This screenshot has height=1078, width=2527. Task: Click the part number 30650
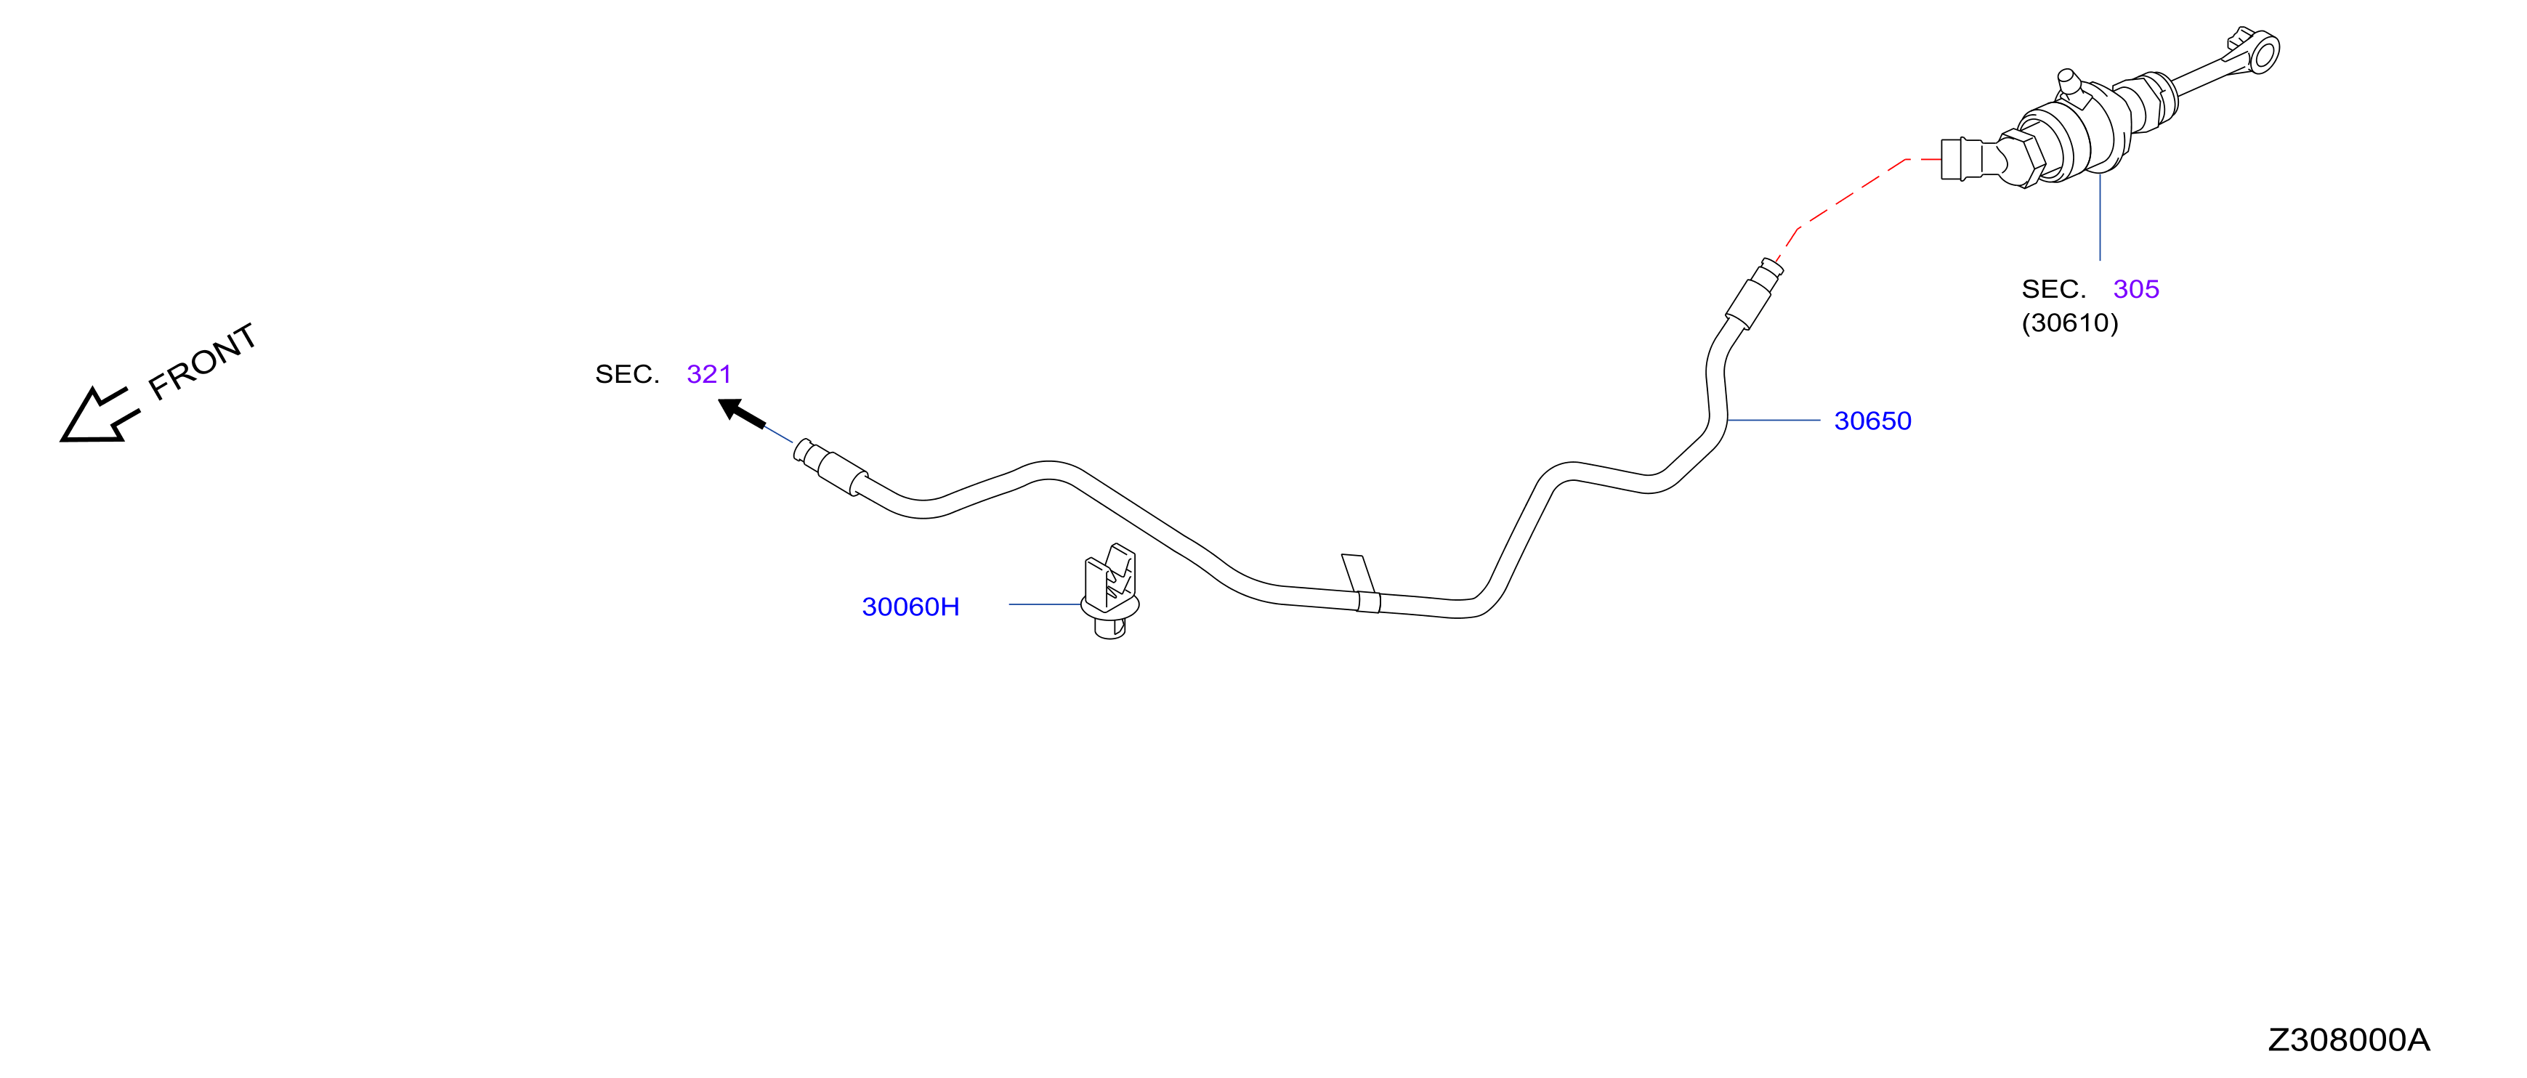click(1872, 421)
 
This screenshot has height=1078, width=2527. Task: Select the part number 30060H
click(910, 607)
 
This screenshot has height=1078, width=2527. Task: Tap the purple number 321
click(708, 373)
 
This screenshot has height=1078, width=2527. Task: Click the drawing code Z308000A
click(2348, 1039)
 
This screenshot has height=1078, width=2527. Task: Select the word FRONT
click(203, 361)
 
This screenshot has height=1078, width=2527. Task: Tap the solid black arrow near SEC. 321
click(742, 413)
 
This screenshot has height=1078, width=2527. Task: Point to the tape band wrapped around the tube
click(1362, 583)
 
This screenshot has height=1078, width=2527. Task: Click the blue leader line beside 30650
click(1774, 420)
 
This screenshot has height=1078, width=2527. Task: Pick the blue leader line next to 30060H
click(1045, 604)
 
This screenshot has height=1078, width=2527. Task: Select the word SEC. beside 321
click(627, 373)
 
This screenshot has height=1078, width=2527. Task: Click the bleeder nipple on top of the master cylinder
click(2069, 81)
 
